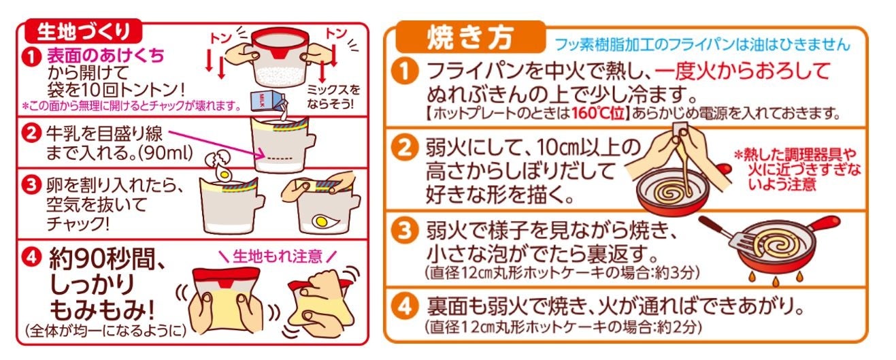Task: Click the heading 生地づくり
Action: pos(83,31)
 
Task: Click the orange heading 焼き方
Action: pos(470,38)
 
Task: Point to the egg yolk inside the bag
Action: pos(321,221)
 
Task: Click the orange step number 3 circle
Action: pos(404,231)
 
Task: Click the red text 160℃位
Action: pos(597,113)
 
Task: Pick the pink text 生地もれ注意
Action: pos(278,256)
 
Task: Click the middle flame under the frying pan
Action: pos(776,281)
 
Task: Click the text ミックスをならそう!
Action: pos(333,97)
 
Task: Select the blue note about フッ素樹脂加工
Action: pos(702,45)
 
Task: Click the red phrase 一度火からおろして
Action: pos(742,71)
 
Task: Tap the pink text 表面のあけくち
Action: pos(105,55)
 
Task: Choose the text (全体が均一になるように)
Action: pos(105,330)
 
